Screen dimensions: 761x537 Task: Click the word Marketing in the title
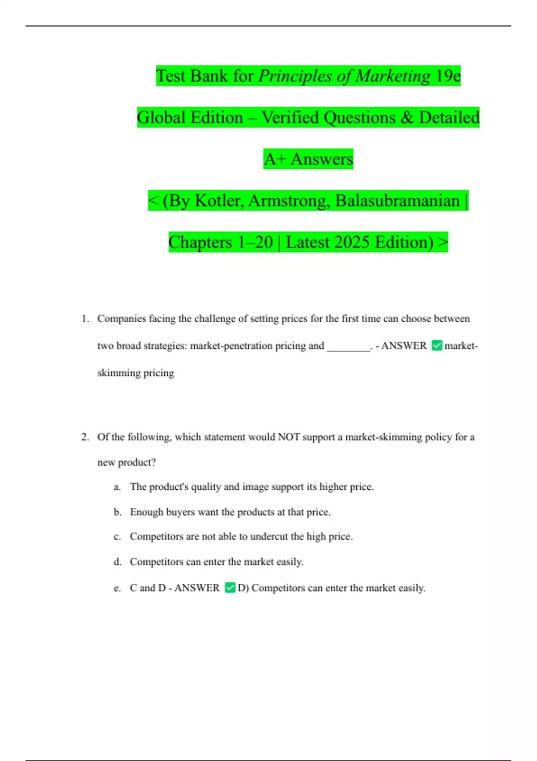[393, 76]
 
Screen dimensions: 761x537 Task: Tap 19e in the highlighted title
[448, 76]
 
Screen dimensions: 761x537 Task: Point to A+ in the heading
[274, 159]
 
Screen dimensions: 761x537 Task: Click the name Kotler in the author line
[219, 201]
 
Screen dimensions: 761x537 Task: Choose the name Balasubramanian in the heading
[397, 201]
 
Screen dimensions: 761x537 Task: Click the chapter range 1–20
[255, 243]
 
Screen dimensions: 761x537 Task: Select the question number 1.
[85, 319]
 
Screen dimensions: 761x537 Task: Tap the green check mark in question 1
[437, 346]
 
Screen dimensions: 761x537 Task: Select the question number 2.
[85, 437]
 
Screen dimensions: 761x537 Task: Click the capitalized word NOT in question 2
[289, 437]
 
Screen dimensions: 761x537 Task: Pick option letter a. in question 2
[117, 487]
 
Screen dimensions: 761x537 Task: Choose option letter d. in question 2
[117, 562]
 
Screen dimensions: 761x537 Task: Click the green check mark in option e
[230, 588]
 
